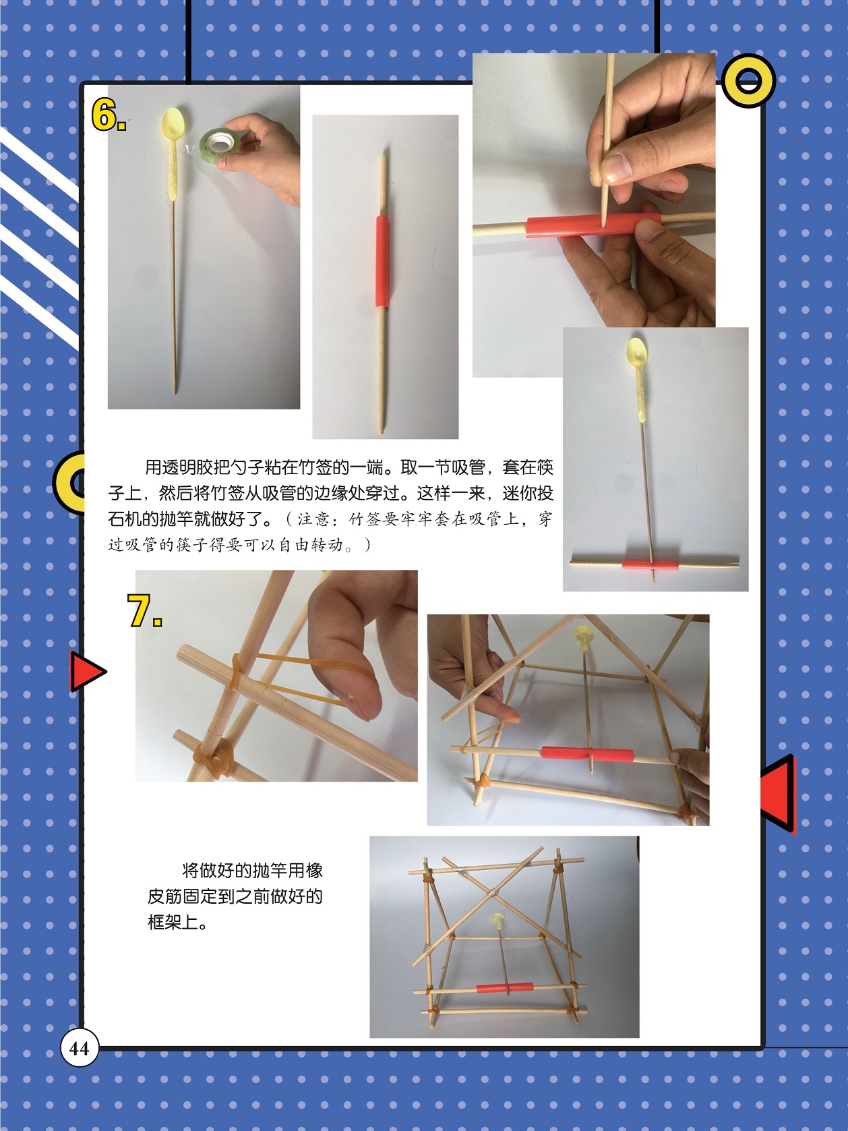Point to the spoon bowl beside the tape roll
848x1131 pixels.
(173, 123)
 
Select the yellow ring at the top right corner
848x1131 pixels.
(748, 80)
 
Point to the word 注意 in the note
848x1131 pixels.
(314, 519)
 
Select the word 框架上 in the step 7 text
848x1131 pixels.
(173, 922)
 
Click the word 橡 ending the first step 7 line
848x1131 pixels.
(314, 870)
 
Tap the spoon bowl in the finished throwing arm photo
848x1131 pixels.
(637, 353)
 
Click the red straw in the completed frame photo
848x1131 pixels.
(505, 988)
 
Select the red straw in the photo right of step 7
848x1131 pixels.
(587, 754)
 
